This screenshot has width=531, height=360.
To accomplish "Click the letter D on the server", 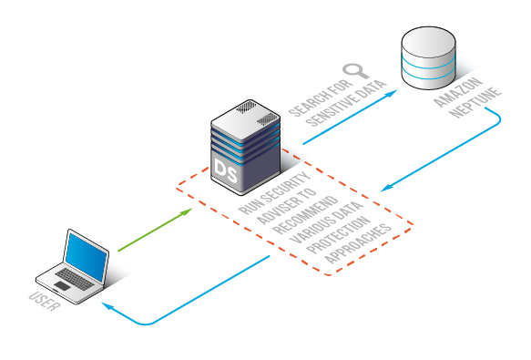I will (x=222, y=170).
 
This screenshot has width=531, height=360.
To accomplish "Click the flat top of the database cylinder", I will (x=428, y=42).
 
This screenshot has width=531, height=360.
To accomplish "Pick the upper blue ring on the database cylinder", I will (x=428, y=64).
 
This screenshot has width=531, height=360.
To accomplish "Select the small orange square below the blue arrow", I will (x=394, y=213).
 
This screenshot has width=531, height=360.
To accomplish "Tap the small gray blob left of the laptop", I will (x=42, y=298).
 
